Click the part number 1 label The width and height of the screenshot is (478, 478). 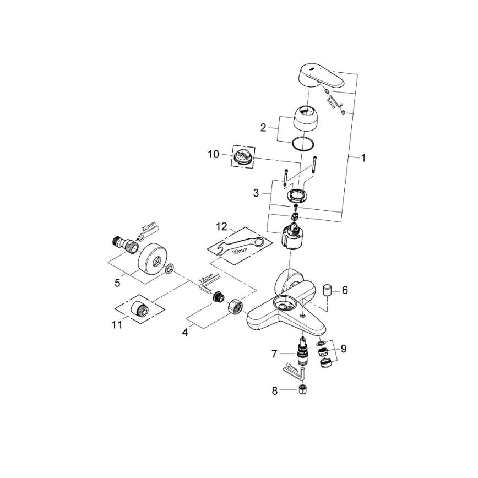363,158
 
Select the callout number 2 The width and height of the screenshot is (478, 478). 263,127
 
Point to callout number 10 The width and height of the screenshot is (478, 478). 213,154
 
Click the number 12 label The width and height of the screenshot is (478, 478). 221,226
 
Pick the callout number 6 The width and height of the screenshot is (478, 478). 345,290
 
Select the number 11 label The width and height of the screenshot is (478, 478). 117,325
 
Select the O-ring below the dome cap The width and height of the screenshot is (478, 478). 303,143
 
